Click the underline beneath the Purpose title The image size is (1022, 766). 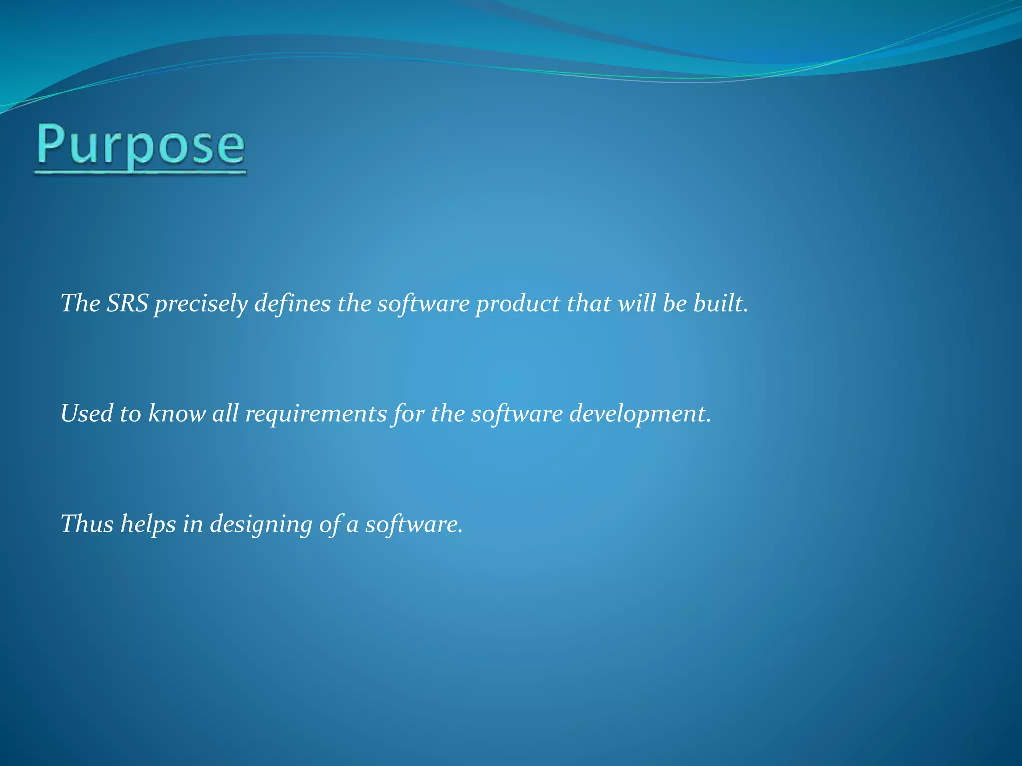tap(141, 173)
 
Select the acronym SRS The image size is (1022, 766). tap(127, 303)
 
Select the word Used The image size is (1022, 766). tap(87, 414)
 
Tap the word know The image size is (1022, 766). tap(177, 414)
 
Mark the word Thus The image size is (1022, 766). tap(87, 524)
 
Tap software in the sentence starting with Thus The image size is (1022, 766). tap(413, 524)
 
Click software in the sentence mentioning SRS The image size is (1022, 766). tap(423, 303)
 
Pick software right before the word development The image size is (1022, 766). tap(517, 414)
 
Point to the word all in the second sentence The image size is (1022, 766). tap(225, 414)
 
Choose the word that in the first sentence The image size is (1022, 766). tap(589, 303)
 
